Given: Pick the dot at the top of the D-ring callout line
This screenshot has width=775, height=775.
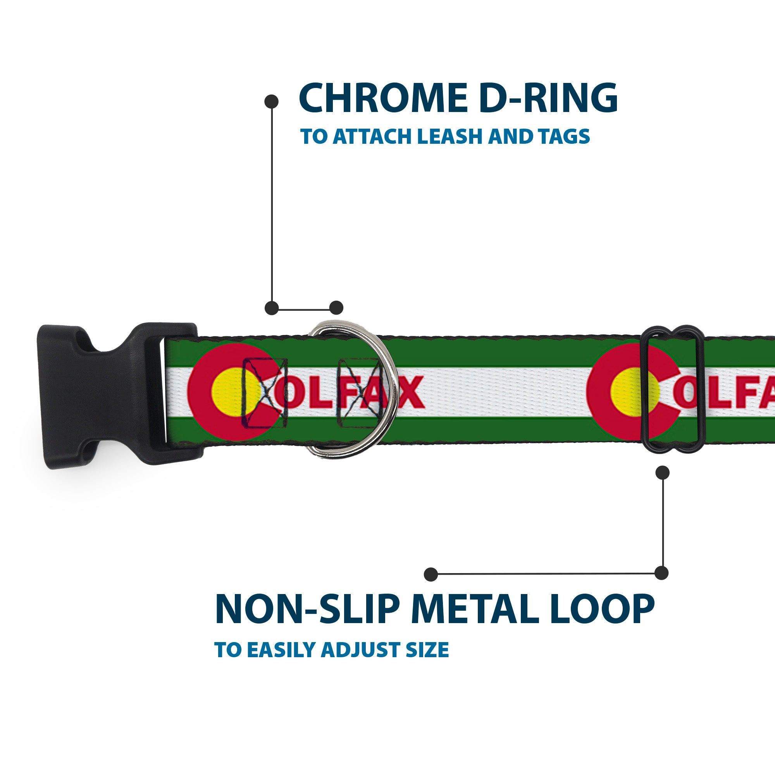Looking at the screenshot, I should [x=272, y=102].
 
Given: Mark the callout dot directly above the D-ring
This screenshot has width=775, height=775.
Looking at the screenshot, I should [x=336, y=308].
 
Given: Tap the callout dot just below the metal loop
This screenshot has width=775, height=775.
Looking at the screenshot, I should [x=662, y=472].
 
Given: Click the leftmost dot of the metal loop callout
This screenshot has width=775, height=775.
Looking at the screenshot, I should [x=431, y=574].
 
